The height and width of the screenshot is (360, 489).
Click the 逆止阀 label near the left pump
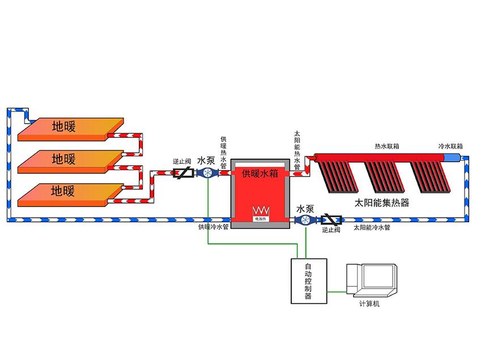click(x=181, y=162)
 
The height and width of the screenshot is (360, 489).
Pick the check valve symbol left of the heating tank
click(x=182, y=173)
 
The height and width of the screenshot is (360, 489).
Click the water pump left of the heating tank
click(x=206, y=173)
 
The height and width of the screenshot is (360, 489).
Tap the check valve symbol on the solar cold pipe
click(x=330, y=220)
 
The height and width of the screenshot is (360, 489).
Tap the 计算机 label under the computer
click(x=369, y=304)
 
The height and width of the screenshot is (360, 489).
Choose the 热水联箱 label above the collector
click(x=387, y=146)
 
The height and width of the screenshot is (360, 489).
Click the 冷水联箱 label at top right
click(x=451, y=146)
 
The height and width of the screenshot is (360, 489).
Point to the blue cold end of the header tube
click(x=453, y=156)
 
